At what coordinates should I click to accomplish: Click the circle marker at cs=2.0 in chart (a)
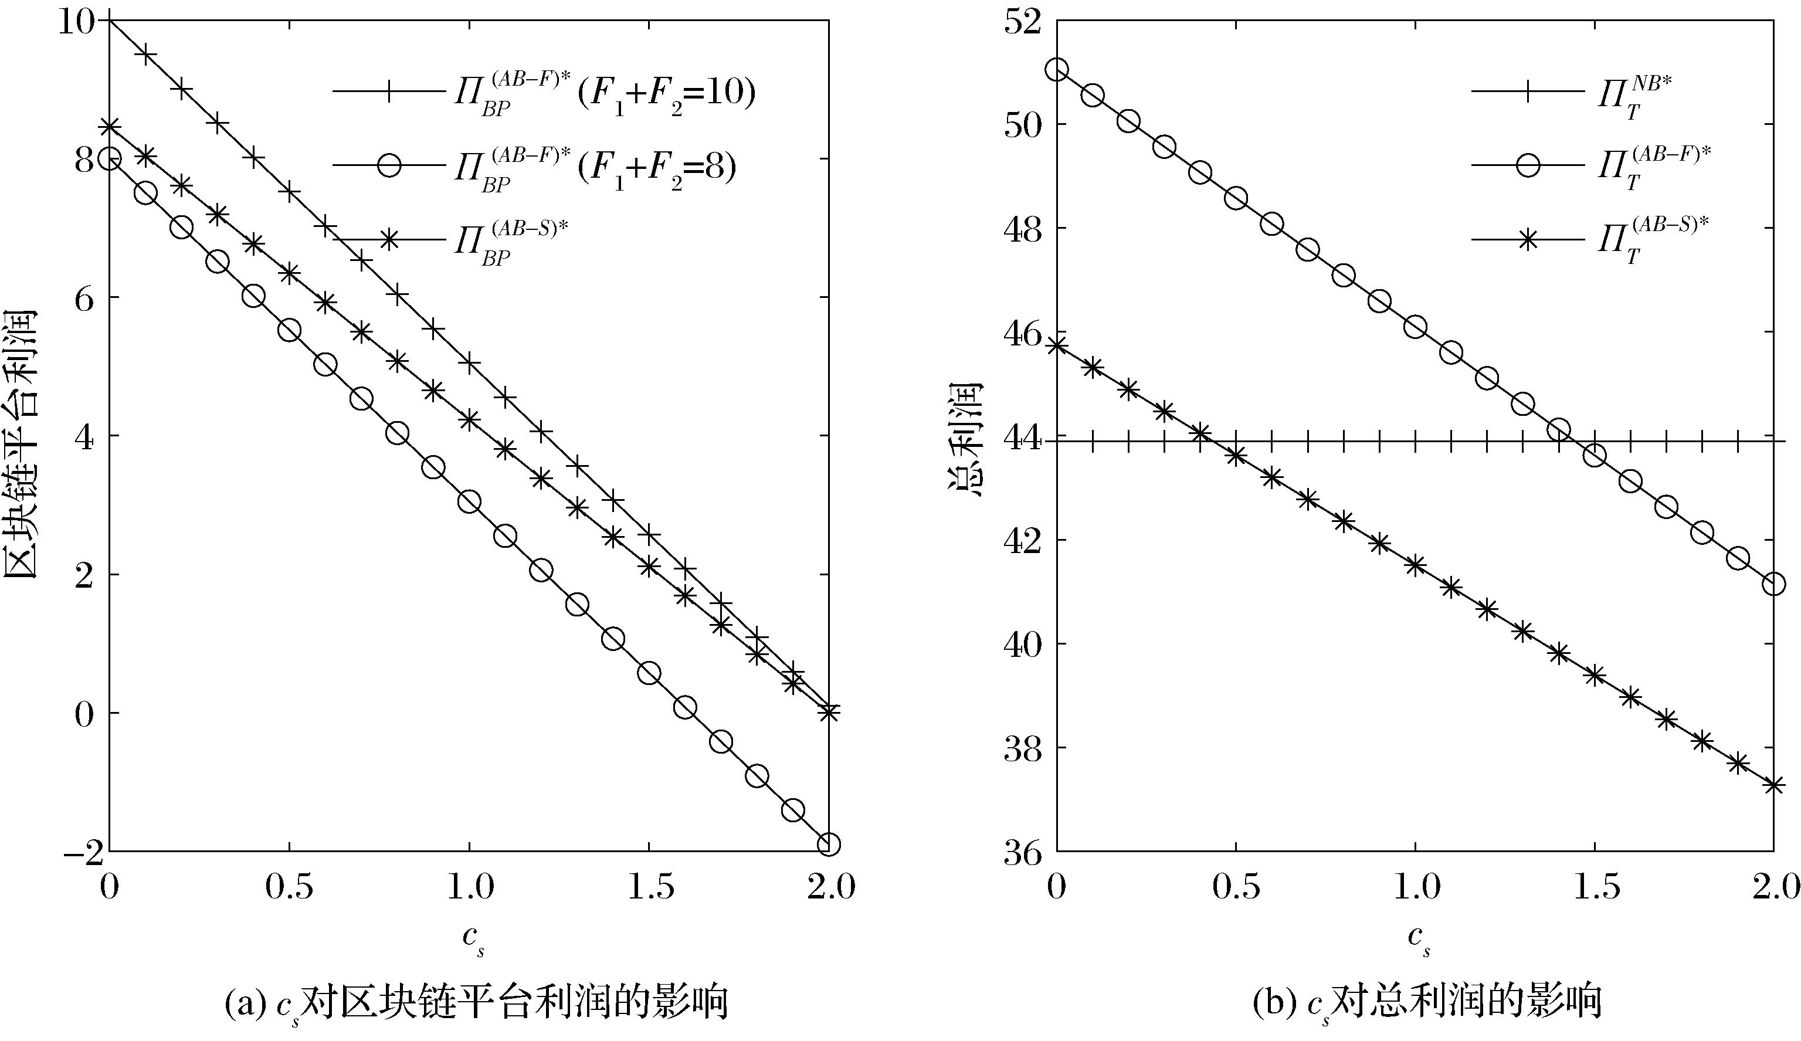828,845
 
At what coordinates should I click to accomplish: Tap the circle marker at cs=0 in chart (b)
1057,70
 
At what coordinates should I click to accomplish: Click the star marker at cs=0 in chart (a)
108,127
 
